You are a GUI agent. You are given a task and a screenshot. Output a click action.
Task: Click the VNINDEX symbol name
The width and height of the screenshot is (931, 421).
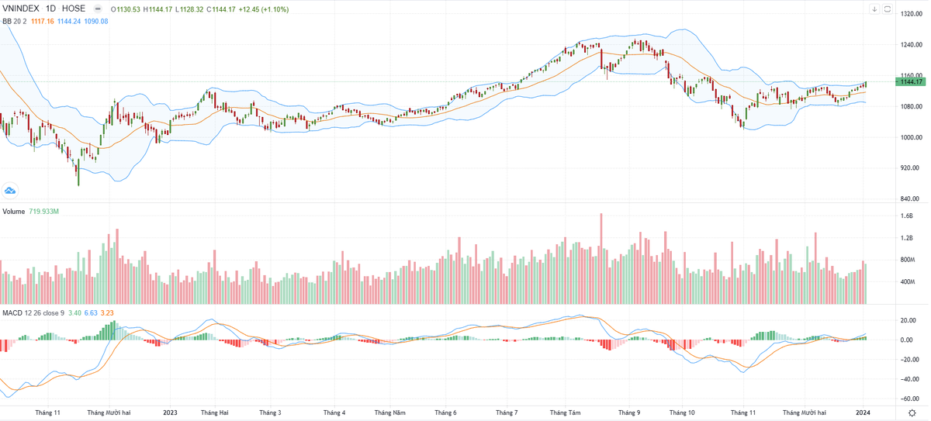(22, 9)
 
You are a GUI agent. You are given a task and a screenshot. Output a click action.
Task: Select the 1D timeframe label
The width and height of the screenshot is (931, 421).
(51, 9)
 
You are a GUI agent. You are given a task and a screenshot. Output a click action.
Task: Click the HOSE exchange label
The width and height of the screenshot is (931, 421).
(74, 9)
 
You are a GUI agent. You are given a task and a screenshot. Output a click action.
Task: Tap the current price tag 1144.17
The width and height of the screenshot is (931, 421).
(910, 82)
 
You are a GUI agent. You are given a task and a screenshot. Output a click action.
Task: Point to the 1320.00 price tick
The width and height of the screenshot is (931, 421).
(911, 14)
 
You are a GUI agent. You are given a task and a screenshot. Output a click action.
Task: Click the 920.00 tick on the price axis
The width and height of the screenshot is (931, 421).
(909, 168)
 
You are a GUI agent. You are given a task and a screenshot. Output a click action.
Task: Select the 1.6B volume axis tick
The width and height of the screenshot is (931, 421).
(906, 216)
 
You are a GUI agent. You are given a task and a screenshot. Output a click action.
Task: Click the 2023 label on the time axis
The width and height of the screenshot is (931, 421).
(169, 413)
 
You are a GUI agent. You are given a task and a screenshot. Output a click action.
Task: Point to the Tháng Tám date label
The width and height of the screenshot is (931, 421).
(564, 413)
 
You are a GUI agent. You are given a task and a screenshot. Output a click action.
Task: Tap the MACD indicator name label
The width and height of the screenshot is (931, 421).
(12, 312)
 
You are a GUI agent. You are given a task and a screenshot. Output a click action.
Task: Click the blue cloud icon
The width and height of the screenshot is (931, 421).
(10, 190)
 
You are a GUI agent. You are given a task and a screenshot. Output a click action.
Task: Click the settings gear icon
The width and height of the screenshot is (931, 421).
(912, 413)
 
